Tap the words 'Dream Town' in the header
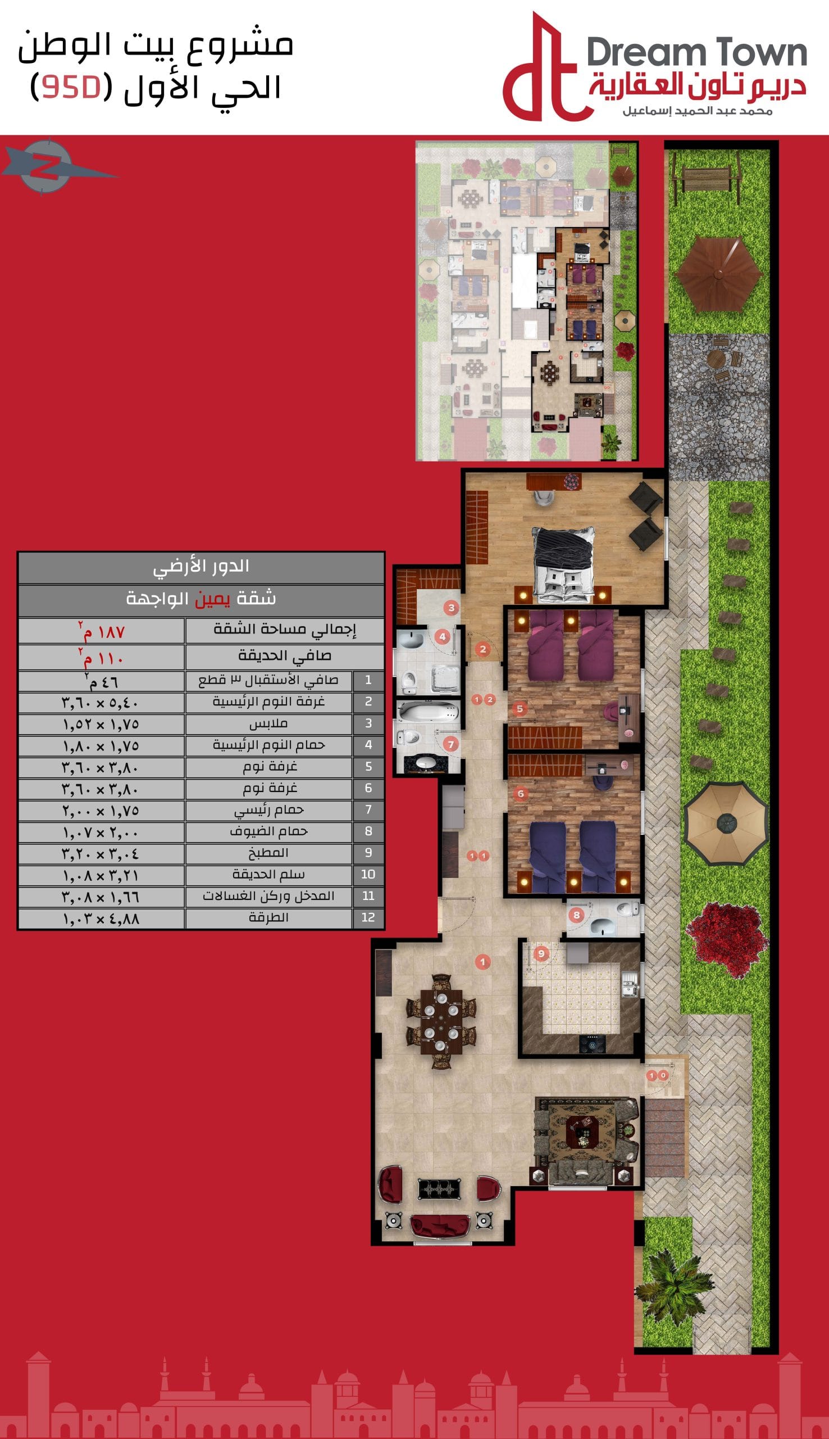[x=696, y=53]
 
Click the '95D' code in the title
[x=71, y=87]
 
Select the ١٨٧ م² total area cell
[x=101, y=631]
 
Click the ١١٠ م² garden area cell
[x=101, y=658]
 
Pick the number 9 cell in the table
[x=368, y=853]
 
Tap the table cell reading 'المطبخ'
[x=268, y=853]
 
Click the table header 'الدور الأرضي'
[x=201, y=566]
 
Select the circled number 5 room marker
[x=520, y=709]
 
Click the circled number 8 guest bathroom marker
[x=577, y=915]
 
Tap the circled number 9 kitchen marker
[x=541, y=953]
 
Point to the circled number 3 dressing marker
[x=452, y=608]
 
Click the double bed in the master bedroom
[x=564, y=564]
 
